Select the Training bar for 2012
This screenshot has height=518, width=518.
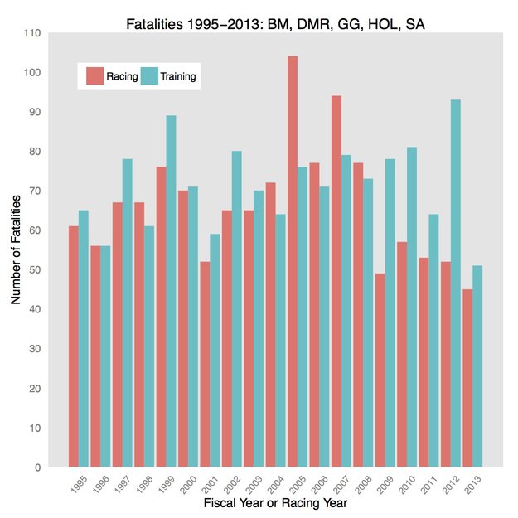(x=456, y=283)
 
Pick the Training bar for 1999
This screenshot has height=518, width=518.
(x=172, y=291)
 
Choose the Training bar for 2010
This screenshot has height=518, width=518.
(x=412, y=307)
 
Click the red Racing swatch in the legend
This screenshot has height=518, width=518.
(x=94, y=77)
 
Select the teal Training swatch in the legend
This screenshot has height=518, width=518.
(x=149, y=77)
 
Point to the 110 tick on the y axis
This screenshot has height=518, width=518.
(x=34, y=33)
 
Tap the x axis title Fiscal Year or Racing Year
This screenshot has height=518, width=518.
(x=275, y=503)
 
